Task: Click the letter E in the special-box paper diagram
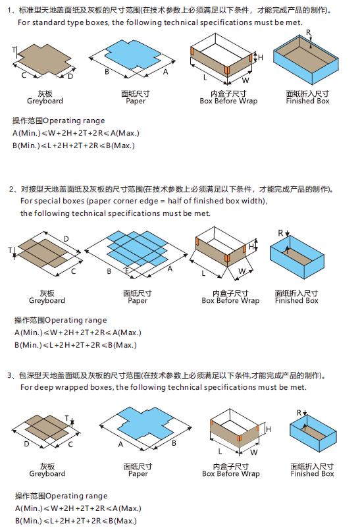tap(127, 271)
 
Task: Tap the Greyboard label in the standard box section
tap(45, 101)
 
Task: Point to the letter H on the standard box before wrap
tap(260, 58)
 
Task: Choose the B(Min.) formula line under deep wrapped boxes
tap(76, 521)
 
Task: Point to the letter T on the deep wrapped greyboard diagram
tap(66, 417)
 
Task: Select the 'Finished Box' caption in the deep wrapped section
tap(312, 473)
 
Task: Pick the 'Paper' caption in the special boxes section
tap(138, 301)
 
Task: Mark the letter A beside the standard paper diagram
tap(166, 70)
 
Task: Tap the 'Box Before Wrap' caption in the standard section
tap(228, 101)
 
